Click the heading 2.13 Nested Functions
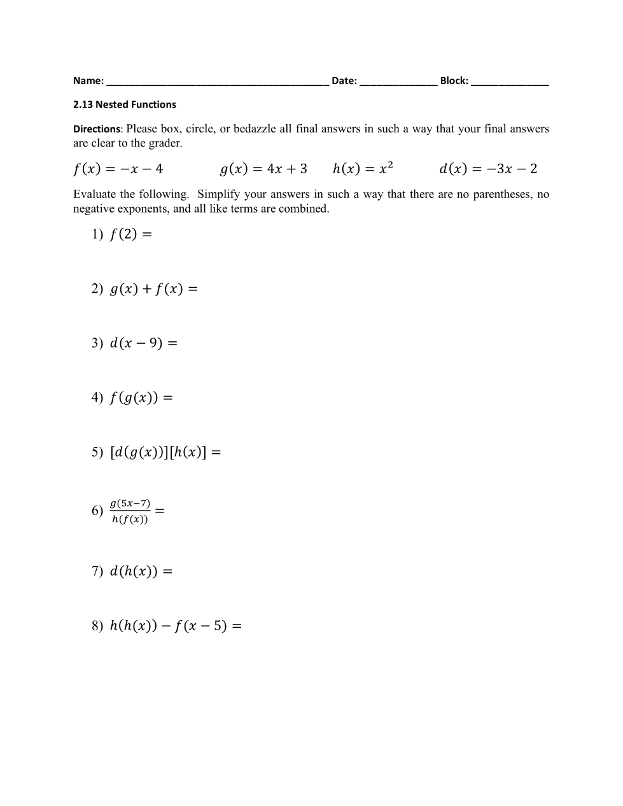point(125,104)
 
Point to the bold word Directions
point(96,129)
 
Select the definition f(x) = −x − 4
point(118,169)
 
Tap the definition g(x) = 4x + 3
point(263,169)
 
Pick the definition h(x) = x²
point(363,169)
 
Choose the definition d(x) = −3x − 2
point(488,169)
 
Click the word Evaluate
point(95,194)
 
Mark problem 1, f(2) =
point(130,234)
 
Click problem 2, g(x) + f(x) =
point(153,289)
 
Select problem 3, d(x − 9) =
point(143,343)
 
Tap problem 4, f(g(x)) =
point(141,398)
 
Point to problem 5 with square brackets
point(165,452)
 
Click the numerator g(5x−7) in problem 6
point(130,503)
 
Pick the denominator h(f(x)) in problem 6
point(130,520)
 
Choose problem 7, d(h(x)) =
point(141,571)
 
